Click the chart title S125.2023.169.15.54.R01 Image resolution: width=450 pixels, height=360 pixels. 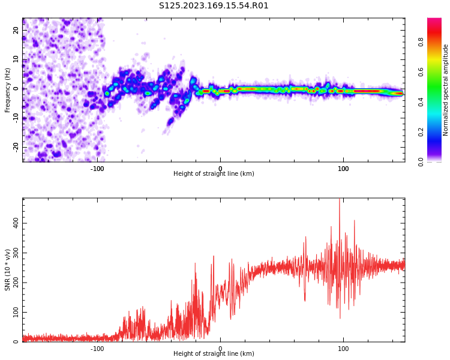coord(214,6)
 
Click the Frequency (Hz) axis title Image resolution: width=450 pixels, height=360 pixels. coord(7,90)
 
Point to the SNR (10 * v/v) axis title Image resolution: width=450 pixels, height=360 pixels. coord(7,270)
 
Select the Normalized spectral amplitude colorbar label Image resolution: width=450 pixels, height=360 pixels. coord(445,90)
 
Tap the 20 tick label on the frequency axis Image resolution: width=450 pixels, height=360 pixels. coord(16,30)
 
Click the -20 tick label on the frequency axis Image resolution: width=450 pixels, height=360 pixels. coord(16,148)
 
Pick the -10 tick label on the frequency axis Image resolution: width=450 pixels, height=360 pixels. coord(16,118)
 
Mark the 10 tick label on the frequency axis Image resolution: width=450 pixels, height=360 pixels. coord(16,59)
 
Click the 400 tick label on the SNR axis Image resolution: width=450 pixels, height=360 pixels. coord(16,223)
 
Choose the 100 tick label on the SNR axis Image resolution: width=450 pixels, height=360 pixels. coord(16,312)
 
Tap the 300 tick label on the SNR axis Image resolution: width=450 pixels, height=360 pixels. coord(16,253)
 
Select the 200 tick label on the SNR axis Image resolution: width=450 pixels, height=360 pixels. coord(16,282)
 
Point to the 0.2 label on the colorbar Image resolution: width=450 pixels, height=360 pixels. coord(421,132)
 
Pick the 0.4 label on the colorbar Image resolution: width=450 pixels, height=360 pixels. coord(421,102)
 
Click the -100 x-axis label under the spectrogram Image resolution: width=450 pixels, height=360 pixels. coord(97,169)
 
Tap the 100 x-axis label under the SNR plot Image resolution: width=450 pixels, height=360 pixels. coord(343,349)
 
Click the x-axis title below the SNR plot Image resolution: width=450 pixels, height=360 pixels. coord(214,353)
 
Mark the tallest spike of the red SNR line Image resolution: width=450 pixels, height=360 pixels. coord(340,199)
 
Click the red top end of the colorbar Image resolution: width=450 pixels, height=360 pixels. coord(434,19)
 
